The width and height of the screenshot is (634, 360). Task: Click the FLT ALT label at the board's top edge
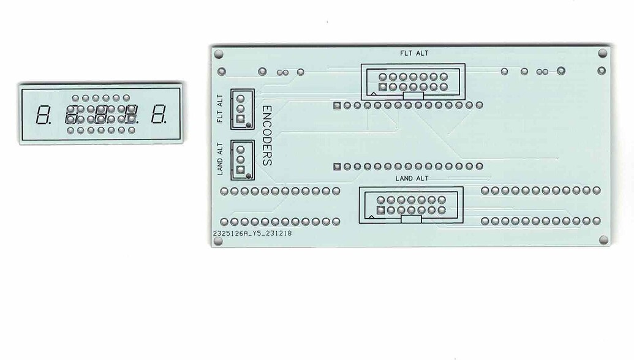414,53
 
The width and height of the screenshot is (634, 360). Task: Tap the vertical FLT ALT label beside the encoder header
220,109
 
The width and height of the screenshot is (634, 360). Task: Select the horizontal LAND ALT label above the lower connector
412,178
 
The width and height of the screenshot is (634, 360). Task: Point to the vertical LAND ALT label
220,159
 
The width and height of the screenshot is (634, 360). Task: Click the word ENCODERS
267,136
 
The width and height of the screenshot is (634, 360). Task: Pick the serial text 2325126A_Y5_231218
252,233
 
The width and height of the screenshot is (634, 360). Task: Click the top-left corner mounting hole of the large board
218,54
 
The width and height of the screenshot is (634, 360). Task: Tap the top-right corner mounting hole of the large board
603,53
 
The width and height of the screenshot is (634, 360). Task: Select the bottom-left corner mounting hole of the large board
218,241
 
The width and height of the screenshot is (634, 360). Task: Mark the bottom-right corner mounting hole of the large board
603,240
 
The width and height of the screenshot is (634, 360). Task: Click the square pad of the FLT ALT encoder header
241,119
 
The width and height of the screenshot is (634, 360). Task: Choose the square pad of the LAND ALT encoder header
241,170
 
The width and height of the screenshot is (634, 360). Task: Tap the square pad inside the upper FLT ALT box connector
382,87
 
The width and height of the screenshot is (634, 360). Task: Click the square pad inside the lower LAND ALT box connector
380,211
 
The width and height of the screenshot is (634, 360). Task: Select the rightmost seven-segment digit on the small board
159,114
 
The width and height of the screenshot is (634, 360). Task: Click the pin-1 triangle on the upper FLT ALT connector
374,94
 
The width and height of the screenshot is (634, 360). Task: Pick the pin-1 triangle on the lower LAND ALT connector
372,217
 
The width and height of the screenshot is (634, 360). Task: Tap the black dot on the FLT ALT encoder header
248,126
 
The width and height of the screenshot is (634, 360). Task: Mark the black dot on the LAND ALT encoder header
248,176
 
